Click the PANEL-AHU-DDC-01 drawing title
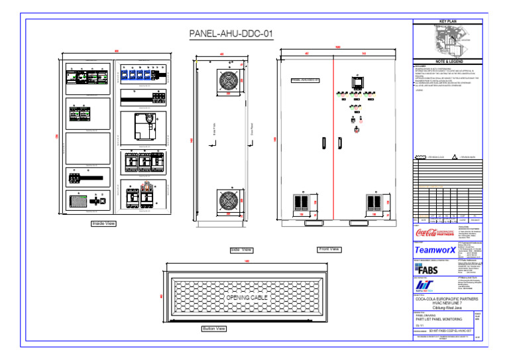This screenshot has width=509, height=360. pyautogui.click(x=231, y=34)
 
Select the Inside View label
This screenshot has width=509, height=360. pyautogui.click(x=103, y=224)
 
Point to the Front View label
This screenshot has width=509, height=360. pyautogui.click(x=329, y=249)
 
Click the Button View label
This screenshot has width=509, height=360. pyautogui.click(x=213, y=328)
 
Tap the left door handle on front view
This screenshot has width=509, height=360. pyautogui.click(x=323, y=144)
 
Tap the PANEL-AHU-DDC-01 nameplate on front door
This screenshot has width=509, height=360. pyautogui.click(x=305, y=80)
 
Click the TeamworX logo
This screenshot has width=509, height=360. pyautogui.click(x=435, y=251)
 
